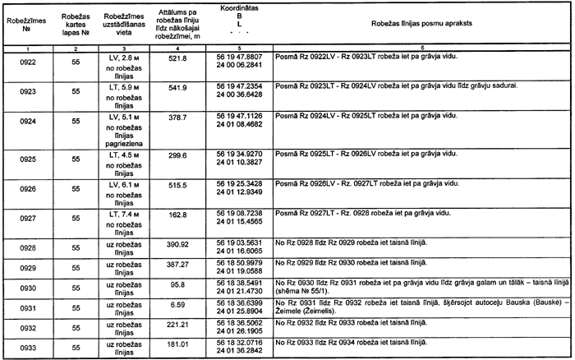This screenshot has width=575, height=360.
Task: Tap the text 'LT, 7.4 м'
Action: pyautogui.click(x=125, y=214)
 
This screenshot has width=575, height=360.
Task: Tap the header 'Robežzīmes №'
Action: pyautogui.click(x=26, y=21)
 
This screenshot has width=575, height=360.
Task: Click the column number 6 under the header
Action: pyautogui.click(x=421, y=50)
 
